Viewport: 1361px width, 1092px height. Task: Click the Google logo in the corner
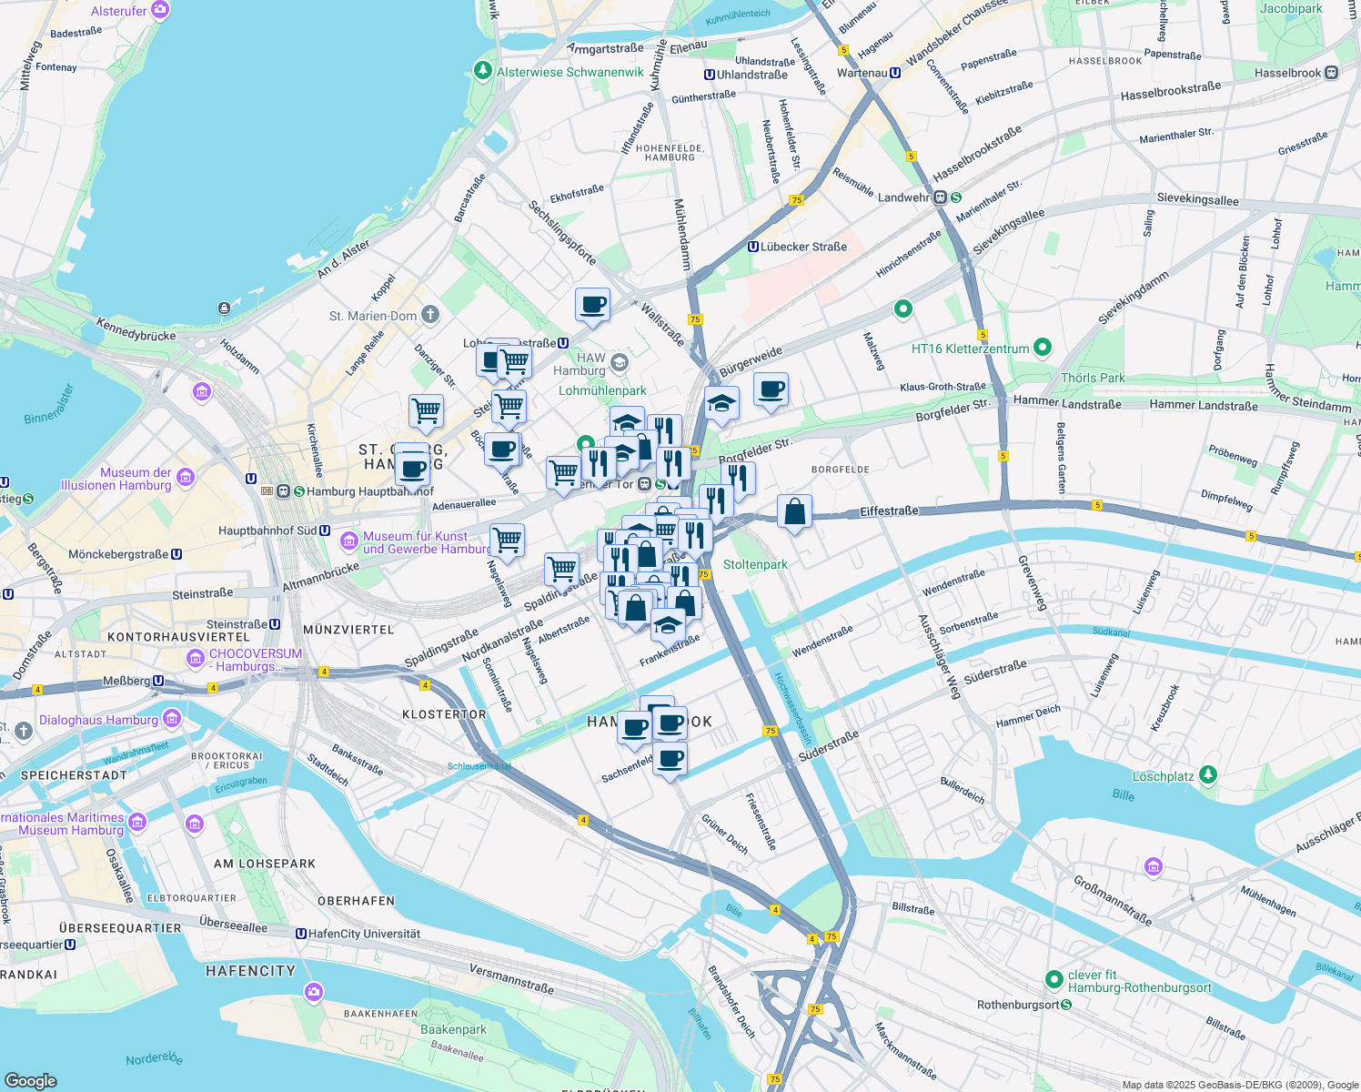point(30,1080)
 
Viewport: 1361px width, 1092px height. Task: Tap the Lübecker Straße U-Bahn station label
point(803,247)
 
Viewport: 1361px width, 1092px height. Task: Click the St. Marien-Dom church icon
point(430,315)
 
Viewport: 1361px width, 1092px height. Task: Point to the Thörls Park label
point(1093,378)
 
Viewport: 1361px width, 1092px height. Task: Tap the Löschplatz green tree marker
point(1207,774)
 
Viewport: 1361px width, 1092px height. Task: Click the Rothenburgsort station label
point(1017,1005)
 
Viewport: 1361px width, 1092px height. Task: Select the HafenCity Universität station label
point(364,934)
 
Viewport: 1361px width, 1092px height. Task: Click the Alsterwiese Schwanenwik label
point(570,72)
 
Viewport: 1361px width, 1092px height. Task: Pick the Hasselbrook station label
point(1287,73)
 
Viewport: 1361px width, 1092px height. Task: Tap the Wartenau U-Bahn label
point(862,73)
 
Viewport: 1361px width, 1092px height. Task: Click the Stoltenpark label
point(755,564)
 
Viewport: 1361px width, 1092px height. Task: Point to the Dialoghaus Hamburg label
point(98,720)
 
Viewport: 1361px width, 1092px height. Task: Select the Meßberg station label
point(126,681)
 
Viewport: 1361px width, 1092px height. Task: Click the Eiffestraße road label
point(889,511)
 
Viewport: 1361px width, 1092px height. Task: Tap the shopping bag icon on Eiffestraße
point(794,512)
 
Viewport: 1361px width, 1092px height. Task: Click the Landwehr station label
point(904,197)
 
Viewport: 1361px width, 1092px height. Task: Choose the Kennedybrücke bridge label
point(136,329)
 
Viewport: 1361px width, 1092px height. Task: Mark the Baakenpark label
point(453,1029)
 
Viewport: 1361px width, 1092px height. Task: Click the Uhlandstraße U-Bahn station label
point(751,75)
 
